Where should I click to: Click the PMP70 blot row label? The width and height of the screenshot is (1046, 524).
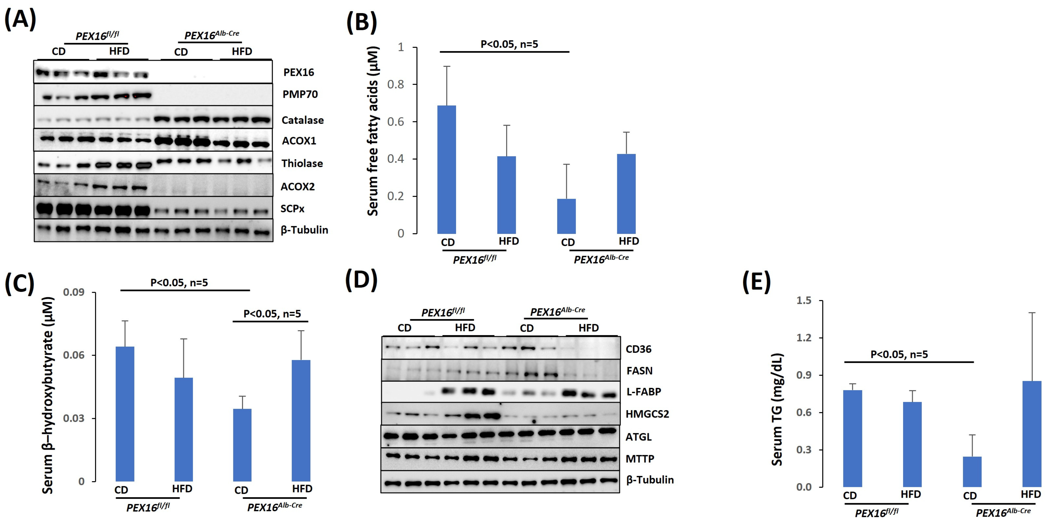coord(300,94)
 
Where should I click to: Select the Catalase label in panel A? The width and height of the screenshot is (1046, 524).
coord(303,120)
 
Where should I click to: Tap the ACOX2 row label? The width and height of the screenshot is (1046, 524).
coord(298,187)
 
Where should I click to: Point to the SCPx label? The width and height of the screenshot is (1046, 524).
coord(292,209)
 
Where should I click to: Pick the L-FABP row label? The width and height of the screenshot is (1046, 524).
coord(644,392)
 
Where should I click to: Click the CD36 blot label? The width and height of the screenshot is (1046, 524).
coord(638,349)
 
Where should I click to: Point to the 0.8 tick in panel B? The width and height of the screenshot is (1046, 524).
coord(395,84)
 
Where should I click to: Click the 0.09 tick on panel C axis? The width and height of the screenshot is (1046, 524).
coord(74,292)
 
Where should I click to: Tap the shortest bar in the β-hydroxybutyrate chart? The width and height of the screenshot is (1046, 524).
coord(242,445)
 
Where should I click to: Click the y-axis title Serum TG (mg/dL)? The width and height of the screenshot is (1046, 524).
coord(776,410)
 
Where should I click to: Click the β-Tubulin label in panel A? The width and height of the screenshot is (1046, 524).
coord(304,230)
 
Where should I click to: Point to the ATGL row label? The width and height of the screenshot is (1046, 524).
coord(638,437)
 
